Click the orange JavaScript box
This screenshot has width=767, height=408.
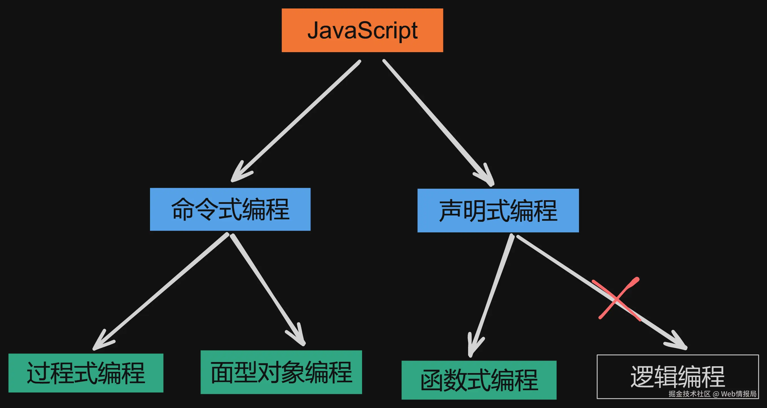pos(362,30)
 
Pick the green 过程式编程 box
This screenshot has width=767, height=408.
pos(86,373)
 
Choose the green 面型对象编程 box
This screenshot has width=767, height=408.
pos(281,372)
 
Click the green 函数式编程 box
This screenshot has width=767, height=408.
pos(479,380)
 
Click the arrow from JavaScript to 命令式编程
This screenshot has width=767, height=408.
pos(298,119)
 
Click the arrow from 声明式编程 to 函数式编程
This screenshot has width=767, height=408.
pos(491,295)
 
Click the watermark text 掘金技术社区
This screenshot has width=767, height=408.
pos(689,394)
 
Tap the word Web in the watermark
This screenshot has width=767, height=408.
pos(728,394)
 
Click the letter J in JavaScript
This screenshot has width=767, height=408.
pos(313,30)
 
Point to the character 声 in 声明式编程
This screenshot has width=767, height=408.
pos(451,211)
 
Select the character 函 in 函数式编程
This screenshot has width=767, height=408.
pos(432,381)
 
